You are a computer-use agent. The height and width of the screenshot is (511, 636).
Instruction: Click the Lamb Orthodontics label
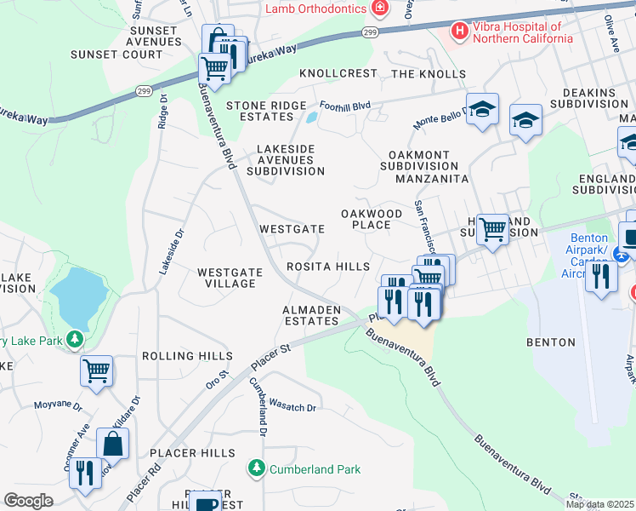click(x=315, y=9)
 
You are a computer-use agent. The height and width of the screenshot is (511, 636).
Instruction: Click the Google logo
click(x=28, y=501)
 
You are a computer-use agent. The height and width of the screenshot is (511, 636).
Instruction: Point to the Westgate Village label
click(x=226, y=278)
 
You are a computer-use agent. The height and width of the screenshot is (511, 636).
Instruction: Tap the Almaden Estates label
click(x=311, y=315)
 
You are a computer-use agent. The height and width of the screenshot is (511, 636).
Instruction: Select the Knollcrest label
click(x=338, y=73)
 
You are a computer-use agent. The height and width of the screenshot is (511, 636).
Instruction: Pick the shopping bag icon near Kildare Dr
click(x=112, y=444)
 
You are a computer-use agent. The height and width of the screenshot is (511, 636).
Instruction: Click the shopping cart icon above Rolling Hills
click(x=97, y=370)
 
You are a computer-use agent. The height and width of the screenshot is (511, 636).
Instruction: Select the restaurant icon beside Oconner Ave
click(x=85, y=473)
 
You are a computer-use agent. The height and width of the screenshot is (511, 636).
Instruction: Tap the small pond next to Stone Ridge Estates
click(x=312, y=117)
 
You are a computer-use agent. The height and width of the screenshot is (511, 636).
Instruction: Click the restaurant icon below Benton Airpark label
click(x=601, y=276)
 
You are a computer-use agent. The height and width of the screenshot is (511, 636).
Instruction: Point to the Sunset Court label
click(x=129, y=55)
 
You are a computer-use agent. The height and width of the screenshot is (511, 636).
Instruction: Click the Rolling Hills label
click(x=187, y=355)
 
